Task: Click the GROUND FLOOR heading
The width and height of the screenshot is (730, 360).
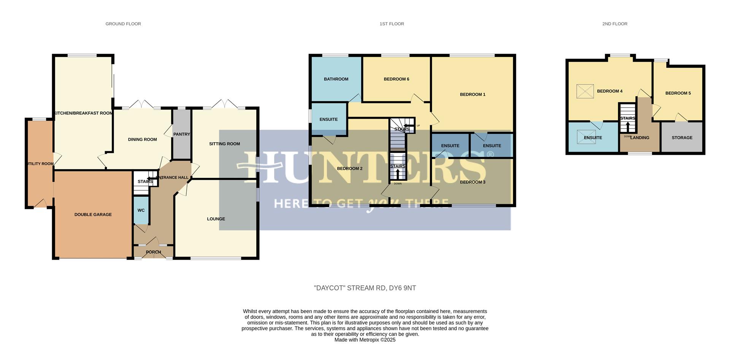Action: (123, 24)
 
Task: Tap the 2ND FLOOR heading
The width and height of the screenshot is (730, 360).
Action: (614, 24)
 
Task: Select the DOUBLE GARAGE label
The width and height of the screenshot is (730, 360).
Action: (93, 215)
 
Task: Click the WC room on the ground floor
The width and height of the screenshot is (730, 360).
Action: (141, 210)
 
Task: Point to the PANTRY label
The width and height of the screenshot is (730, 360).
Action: (181, 134)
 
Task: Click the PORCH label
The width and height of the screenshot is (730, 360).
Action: (153, 252)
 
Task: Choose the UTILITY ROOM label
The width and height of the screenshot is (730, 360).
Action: (40, 164)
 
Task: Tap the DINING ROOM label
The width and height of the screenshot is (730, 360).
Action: (142, 140)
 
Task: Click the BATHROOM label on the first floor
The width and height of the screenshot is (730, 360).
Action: (336, 79)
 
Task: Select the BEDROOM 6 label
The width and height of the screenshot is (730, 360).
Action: (396, 79)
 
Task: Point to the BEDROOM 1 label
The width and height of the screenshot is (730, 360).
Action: (473, 94)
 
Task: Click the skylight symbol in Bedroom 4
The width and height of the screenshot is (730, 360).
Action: (585, 91)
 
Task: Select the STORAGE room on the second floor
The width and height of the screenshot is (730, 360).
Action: (682, 138)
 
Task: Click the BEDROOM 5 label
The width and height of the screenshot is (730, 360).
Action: (678, 93)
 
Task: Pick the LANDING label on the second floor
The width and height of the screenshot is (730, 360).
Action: (640, 138)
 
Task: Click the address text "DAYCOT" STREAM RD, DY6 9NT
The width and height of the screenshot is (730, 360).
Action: (365, 288)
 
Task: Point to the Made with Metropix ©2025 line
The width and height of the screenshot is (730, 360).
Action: (365, 340)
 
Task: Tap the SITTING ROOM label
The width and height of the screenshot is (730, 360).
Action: (224, 144)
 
